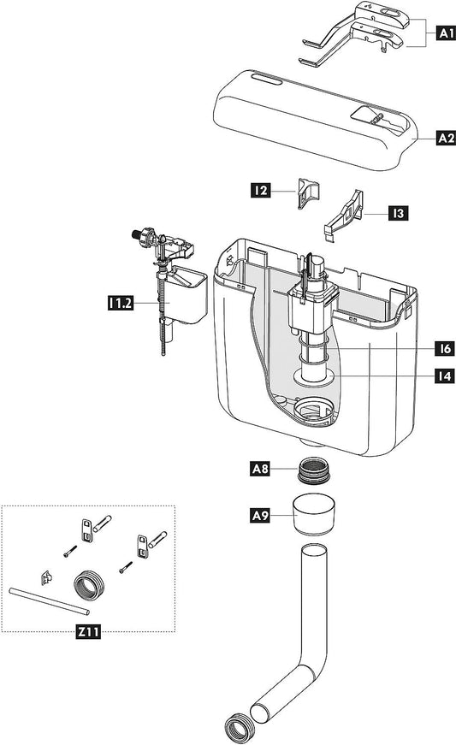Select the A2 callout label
[444, 137]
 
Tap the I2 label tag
[261, 192]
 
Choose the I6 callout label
[443, 349]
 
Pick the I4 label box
[443, 375]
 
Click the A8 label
[261, 468]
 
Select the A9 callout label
[261, 516]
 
